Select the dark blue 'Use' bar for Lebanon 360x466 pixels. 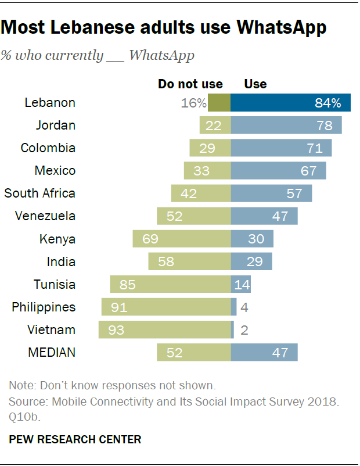pyautogui.click(x=290, y=103)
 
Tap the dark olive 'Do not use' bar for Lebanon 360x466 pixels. pyautogui.click(x=219, y=103)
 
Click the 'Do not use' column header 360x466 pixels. pyautogui.click(x=190, y=84)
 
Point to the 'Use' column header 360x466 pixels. pyautogui.click(x=255, y=84)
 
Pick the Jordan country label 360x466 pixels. pyautogui.click(x=56, y=126)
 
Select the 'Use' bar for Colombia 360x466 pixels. pyautogui.click(x=281, y=148)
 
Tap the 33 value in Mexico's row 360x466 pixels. pyautogui.click(x=201, y=171)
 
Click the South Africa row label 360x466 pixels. pyautogui.click(x=40, y=193)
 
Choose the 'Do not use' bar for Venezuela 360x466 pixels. pyautogui.click(x=194, y=216)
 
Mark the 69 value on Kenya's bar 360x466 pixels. pyautogui.click(x=150, y=239)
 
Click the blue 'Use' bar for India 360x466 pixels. pyautogui.click(x=251, y=261)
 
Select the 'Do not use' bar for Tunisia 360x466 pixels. pyautogui.click(x=171, y=284)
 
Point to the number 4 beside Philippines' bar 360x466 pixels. pyautogui.click(x=244, y=307)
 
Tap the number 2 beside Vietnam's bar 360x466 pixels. pyautogui.click(x=244, y=330)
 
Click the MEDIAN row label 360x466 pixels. pyautogui.click(x=52, y=352)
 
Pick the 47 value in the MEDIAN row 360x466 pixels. pyautogui.click(x=279, y=353)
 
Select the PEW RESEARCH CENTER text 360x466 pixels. pyautogui.click(x=75, y=439)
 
